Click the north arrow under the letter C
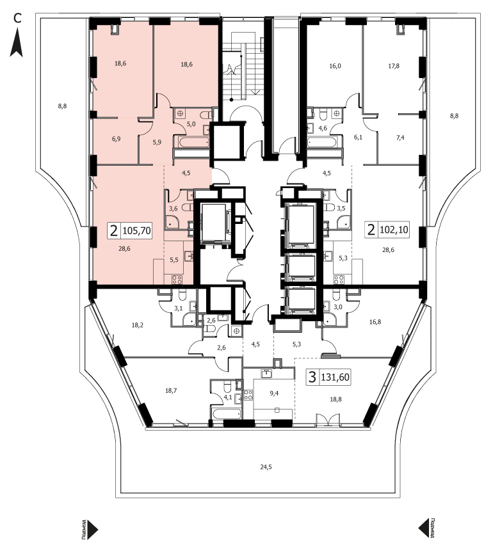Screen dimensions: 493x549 16,43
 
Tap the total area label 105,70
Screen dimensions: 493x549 136,231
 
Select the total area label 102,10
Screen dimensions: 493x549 394,230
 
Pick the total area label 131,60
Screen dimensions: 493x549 335,377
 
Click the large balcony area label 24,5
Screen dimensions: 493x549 266,466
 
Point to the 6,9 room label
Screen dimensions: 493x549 117,139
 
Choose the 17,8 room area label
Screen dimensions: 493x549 394,66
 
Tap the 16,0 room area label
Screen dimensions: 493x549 335,66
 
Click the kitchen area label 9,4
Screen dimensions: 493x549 274,393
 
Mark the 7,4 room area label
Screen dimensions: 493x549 400,138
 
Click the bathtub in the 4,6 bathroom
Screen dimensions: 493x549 323,143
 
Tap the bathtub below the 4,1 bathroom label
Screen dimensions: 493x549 226,413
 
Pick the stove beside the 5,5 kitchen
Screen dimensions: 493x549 177,280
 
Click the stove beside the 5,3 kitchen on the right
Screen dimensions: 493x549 339,280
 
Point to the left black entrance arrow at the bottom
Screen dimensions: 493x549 92,529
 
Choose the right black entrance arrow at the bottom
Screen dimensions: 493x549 424,528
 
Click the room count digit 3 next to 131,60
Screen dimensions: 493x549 312,377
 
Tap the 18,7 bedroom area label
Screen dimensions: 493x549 171,391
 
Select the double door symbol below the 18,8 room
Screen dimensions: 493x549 328,420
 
